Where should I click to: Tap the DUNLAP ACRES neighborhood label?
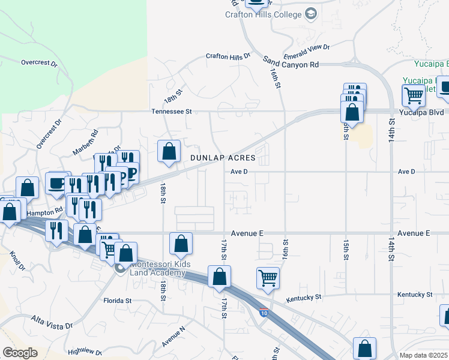click(223, 158)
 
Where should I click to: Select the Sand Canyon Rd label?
click(291, 62)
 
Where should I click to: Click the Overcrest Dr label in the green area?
click(38, 62)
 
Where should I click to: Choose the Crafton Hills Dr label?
click(228, 56)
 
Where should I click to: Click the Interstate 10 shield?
click(264, 312)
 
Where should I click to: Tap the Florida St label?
click(117, 300)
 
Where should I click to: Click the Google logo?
click(19, 353)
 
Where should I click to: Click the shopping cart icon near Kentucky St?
click(268, 277)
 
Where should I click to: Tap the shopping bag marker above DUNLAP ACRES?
click(169, 151)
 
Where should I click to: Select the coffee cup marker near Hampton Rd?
click(57, 182)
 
